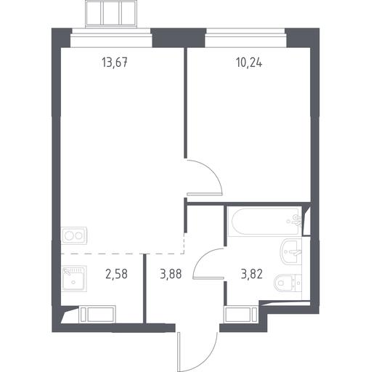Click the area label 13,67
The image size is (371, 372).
(115, 62)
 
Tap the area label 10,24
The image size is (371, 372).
(249, 62)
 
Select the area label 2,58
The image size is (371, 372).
(116, 274)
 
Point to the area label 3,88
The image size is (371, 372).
(171, 274)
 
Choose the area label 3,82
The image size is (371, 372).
(252, 274)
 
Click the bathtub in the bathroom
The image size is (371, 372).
(265, 222)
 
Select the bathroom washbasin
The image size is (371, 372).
(291, 251)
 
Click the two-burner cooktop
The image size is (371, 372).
(74, 235)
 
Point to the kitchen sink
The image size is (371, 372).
(74, 278)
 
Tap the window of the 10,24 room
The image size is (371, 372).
(245, 38)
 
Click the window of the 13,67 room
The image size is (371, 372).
(111, 38)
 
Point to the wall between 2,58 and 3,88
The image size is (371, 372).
(144, 288)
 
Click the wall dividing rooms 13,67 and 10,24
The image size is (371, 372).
(185, 103)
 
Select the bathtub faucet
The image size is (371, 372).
(295, 220)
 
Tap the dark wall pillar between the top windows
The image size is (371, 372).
(179, 38)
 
